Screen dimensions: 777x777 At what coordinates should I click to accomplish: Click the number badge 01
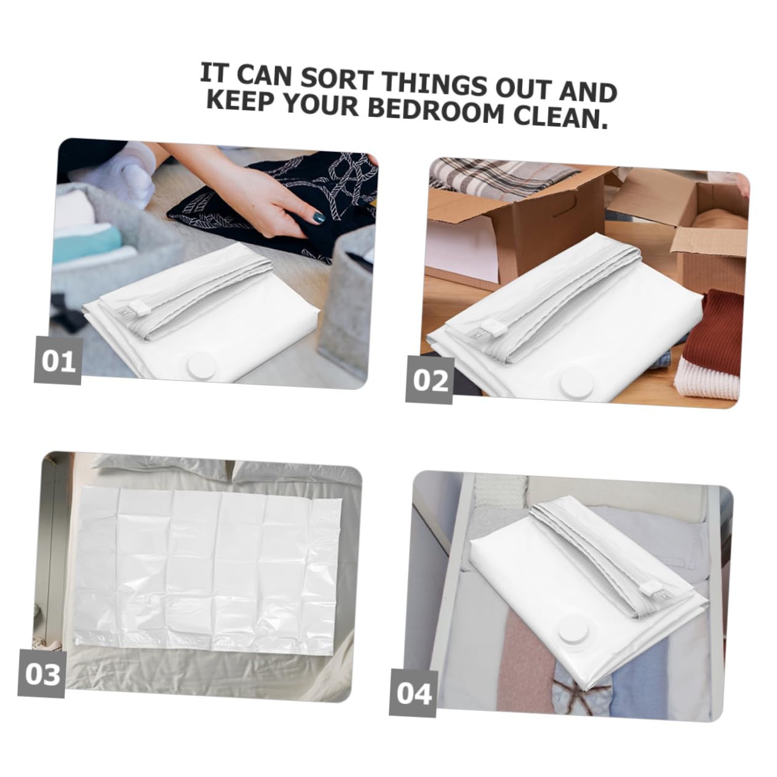[58, 360]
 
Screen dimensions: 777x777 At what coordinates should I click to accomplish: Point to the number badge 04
[413, 693]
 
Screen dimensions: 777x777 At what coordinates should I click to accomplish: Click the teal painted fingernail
[319, 218]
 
